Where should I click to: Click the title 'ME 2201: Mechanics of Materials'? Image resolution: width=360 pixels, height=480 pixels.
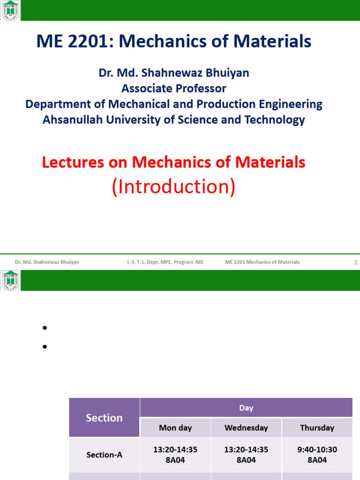click(174, 42)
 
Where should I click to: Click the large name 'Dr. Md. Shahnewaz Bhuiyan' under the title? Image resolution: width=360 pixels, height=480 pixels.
click(174, 73)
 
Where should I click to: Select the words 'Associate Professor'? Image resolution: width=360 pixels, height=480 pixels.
click(174, 88)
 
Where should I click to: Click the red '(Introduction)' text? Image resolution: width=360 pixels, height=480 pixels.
click(173, 187)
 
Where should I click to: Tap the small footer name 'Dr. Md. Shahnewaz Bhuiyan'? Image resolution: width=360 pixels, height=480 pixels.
click(47, 262)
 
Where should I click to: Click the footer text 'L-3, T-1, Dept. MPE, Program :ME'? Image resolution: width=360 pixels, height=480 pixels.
click(165, 262)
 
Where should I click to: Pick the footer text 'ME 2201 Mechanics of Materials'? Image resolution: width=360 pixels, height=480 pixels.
click(262, 262)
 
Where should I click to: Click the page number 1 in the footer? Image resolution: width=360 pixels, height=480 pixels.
click(356, 262)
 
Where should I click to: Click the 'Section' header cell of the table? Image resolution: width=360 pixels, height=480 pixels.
click(104, 418)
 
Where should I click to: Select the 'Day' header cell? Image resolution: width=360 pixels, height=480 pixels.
click(246, 408)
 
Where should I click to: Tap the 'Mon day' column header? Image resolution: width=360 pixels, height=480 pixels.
click(175, 427)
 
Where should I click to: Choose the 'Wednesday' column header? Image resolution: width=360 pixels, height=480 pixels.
click(246, 427)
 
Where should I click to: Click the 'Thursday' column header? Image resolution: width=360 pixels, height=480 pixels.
click(317, 427)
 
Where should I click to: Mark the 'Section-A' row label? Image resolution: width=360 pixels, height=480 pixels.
click(104, 455)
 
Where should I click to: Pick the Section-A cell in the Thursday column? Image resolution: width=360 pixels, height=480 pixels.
click(317, 455)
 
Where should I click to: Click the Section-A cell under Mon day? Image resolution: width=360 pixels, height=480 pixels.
click(175, 455)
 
